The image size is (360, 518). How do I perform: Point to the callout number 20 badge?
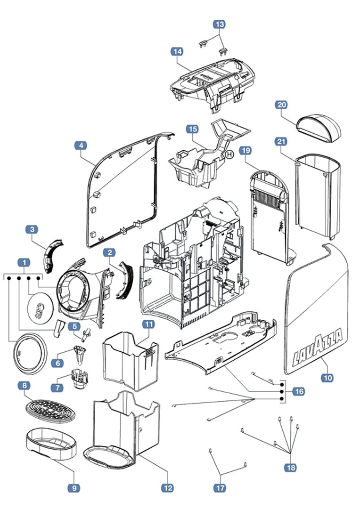tap(282, 105)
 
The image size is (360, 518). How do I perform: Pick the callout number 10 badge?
tap(327, 377)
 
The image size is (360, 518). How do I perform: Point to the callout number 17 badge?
tap(220, 488)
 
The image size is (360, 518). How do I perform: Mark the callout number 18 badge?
tap(290, 467)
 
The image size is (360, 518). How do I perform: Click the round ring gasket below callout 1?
tap(28, 351)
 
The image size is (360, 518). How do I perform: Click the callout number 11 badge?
tap(149, 324)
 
